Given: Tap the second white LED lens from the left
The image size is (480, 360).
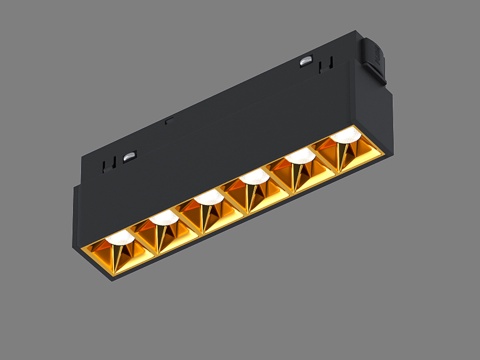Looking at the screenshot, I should [165, 217].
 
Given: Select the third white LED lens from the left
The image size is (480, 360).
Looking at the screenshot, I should [208, 197].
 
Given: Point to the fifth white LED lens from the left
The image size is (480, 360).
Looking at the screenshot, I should [298, 156].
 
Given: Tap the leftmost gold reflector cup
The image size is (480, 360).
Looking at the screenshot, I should [120, 256].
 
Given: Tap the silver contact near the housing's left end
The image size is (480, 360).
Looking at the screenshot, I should [130, 157].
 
